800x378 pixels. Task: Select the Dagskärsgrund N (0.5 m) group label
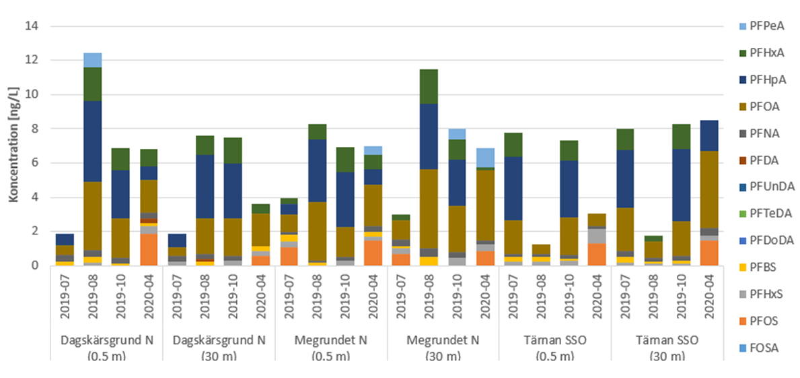107,346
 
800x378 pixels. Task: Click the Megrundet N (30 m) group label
442,346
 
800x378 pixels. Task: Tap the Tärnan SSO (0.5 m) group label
554,346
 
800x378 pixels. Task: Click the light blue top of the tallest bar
93,60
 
